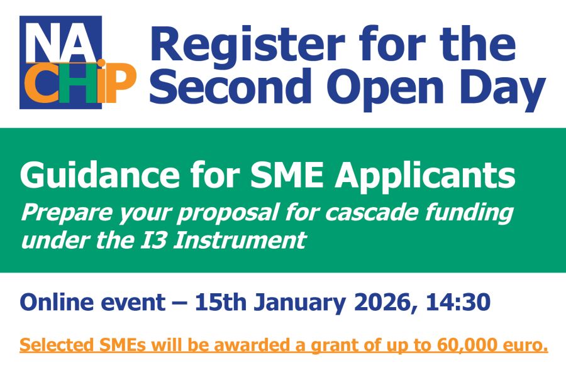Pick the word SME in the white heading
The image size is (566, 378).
287,176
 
